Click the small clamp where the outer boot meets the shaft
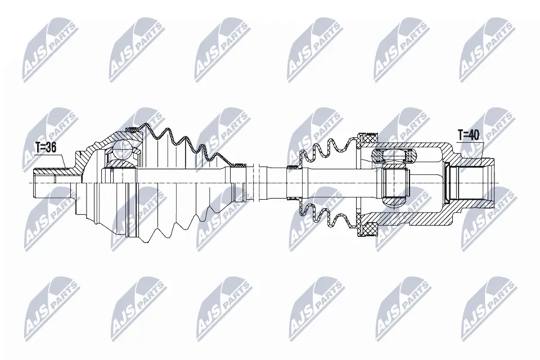click(240, 165)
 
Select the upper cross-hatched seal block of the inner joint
click(369, 137)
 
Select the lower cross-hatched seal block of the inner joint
click(369, 229)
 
